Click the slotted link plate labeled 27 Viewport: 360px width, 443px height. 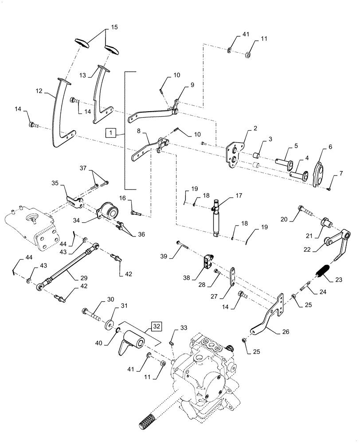click(233, 278)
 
